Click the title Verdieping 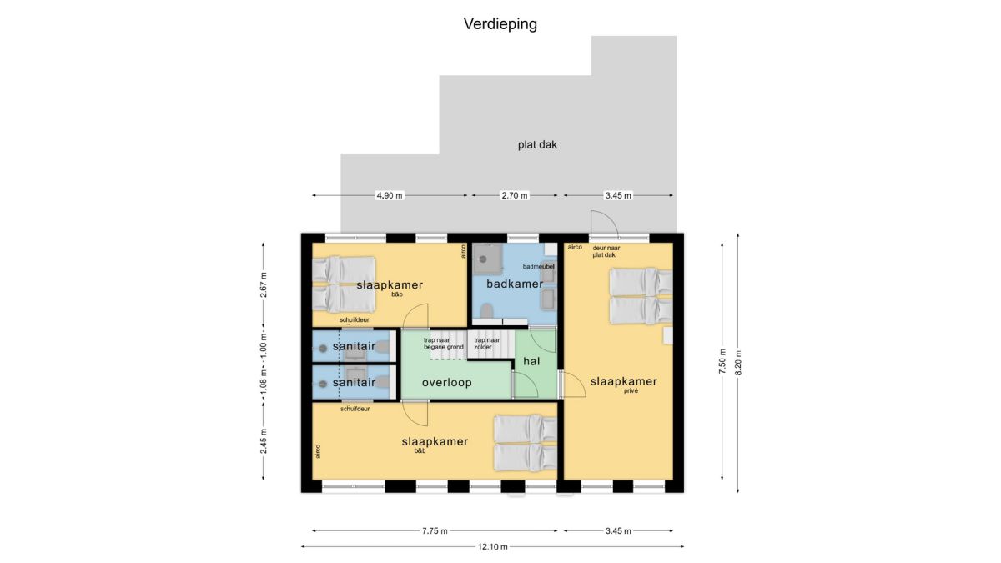pyautogui.click(x=500, y=24)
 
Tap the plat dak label pyautogui.click(x=537, y=145)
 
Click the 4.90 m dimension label pyautogui.click(x=390, y=195)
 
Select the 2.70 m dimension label pyautogui.click(x=515, y=195)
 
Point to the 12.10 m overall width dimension pyautogui.click(x=493, y=546)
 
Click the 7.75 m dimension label pyautogui.click(x=435, y=530)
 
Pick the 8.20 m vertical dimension pyautogui.click(x=737, y=362)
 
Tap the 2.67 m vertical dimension pyautogui.click(x=264, y=284)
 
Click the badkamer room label pyautogui.click(x=515, y=284)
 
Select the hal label pyautogui.click(x=531, y=361)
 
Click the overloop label pyautogui.click(x=447, y=383)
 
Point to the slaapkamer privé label pyautogui.click(x=624, y=385)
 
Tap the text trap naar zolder pyautogui.click(x=486, y=344)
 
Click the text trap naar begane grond pyautogui.click(x=444, y=344)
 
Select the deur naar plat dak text pyautogui.click(x=606, y=251)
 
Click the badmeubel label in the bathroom pyautogui.click(x=539, y=266)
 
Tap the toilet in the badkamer pyautogui.click(x=486, y=310)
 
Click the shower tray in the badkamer pyautogui.click(x=487, y=259)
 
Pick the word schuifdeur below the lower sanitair pyautogui.click(x=355, y=409)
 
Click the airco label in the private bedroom pyautogui.click(x=575, y=247)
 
